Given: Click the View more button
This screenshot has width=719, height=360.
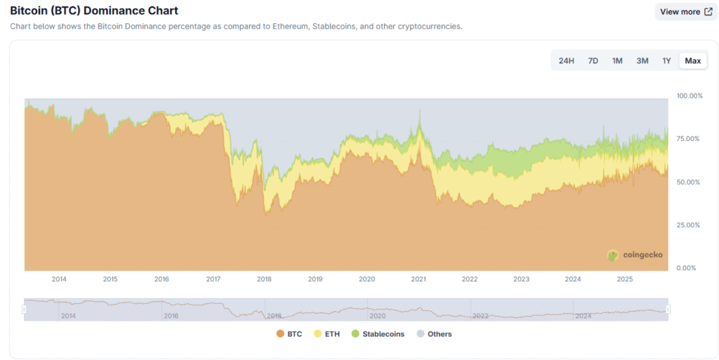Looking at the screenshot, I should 685,12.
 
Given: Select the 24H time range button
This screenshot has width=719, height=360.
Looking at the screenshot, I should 567,61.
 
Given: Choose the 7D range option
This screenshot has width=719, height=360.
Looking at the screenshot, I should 593,61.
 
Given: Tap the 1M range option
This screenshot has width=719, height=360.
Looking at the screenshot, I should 617,61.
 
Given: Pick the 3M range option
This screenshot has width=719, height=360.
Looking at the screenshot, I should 642,61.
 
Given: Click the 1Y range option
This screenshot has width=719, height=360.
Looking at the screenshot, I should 666,61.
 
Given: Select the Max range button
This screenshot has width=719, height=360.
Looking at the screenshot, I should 693,61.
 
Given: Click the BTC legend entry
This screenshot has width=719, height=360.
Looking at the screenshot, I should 289,334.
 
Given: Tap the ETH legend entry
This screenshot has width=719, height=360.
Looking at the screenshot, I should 326,334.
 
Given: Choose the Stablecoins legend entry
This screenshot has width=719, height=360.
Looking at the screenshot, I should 378,334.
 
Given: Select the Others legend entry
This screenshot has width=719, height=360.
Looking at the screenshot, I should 434,334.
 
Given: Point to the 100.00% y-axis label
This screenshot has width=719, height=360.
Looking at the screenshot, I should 689,95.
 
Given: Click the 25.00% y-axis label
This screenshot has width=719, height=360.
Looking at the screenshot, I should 689,225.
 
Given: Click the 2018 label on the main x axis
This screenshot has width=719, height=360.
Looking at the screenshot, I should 264,279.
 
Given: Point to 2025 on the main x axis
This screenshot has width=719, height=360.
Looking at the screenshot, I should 624,279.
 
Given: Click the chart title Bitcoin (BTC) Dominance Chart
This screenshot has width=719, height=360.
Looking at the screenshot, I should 94,11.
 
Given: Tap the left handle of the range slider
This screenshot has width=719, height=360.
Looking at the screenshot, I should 24,309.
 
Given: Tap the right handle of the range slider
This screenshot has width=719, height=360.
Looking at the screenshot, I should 668,309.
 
